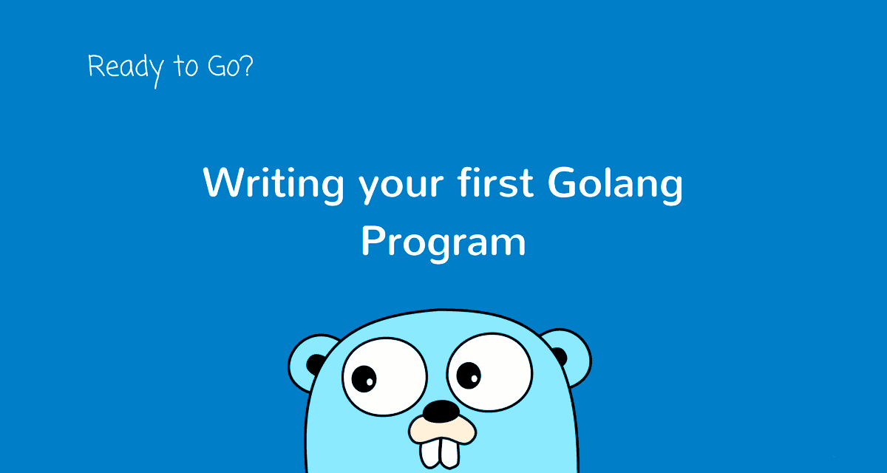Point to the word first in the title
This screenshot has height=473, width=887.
click(x=494, y=183)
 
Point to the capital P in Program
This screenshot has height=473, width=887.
click(x=373, y=240)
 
